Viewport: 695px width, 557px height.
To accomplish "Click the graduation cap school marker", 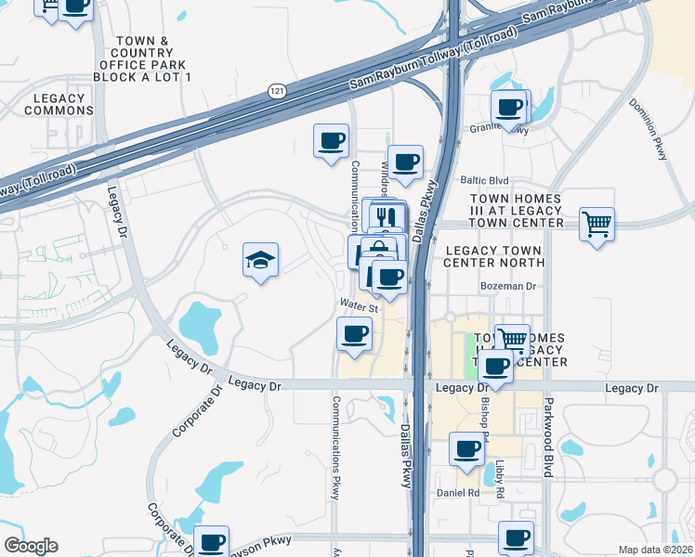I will (261, 261).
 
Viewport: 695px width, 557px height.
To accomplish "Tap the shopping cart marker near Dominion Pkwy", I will (597, 224).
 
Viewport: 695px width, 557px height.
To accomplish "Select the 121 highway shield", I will (276, 90).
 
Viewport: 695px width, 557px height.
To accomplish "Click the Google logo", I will (31, 546).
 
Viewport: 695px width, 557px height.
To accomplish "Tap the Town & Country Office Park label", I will (142, 58).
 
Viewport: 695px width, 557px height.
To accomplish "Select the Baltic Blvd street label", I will (485, 180).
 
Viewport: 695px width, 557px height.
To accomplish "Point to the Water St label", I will (359, 304).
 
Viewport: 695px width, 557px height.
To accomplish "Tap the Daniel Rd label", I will (457, 492).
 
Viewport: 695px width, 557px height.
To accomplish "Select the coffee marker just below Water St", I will (353, 334).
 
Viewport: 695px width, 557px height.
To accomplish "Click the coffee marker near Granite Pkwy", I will (509, 108).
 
